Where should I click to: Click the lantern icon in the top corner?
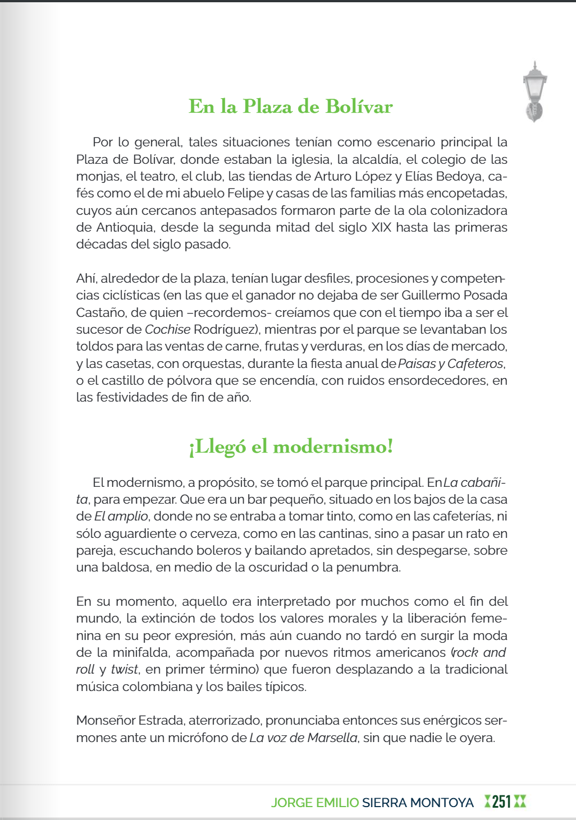534,91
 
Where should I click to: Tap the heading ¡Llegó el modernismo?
291,446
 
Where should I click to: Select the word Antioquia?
125,228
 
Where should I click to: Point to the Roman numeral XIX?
382,228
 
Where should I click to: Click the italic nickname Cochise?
167,330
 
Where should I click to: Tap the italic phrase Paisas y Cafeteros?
451,364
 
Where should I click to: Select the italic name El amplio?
121,517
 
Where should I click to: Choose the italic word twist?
124,670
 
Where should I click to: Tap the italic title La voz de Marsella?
303,738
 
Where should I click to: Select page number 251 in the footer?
501,802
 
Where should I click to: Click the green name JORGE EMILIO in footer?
314,803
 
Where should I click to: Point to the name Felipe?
245,194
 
